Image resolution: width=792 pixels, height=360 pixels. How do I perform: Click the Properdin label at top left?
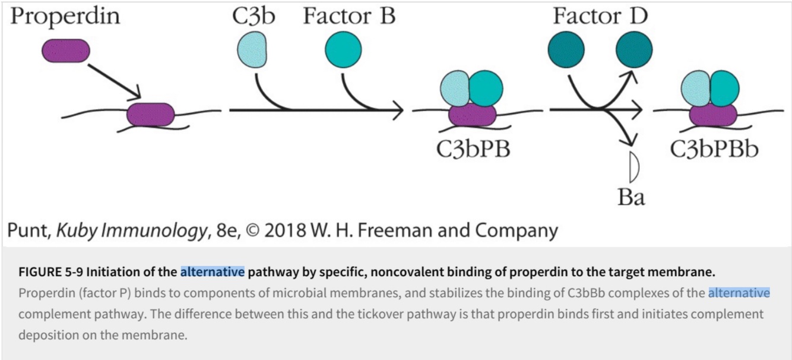(65, 17)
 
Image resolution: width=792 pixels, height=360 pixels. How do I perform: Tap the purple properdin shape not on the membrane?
(65, 50)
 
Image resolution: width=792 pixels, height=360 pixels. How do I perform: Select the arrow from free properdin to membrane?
(113, 80)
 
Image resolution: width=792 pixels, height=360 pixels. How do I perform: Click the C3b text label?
(254, 17)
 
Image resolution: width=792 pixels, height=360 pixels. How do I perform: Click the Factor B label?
(349, 17)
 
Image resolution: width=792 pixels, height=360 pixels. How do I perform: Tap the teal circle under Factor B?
(343, 50)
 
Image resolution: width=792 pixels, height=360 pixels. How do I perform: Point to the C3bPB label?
(473, 149)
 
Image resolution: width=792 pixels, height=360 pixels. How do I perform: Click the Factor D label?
(600, 17)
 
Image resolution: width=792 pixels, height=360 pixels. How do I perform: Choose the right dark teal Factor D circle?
(634, 50)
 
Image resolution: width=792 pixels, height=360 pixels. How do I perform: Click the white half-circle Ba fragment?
(633, 168)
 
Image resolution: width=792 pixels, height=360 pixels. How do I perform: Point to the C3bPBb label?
(714, 149)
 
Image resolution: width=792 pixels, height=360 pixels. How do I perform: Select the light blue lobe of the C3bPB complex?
(455, 90)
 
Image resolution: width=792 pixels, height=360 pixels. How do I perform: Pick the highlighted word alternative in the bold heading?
(213, 273)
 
